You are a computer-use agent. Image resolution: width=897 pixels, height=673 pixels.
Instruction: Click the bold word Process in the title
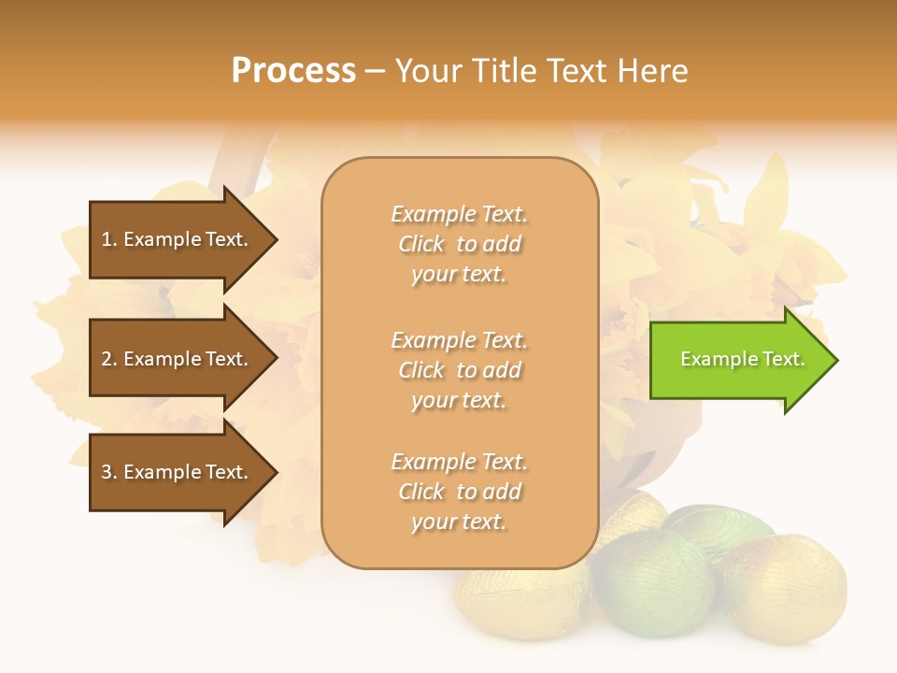click(293, 71)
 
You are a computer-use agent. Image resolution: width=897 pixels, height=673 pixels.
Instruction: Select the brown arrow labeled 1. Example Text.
click(178, 239)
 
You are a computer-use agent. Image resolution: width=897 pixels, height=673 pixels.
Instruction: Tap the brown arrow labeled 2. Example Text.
click(178, 359)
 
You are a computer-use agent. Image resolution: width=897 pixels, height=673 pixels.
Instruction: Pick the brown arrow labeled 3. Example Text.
click(178, 472)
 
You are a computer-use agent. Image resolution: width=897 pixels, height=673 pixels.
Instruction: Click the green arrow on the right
click(738, 360)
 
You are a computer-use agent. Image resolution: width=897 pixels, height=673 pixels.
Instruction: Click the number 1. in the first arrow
click(109, 239)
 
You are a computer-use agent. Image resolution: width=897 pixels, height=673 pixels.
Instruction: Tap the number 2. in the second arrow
click(109, 359)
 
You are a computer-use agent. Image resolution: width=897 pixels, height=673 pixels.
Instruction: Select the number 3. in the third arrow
click(109, 472)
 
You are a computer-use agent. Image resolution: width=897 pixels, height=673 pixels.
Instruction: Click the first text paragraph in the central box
click(459, 244)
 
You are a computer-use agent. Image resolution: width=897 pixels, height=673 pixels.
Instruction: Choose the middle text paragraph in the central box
click(459, 370)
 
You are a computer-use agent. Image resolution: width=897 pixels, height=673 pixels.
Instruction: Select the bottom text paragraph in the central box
click(459, 492)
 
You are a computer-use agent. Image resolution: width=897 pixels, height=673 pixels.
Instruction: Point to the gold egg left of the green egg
click(523, 598)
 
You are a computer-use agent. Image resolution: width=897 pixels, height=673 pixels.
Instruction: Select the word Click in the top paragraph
click(421, 244)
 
